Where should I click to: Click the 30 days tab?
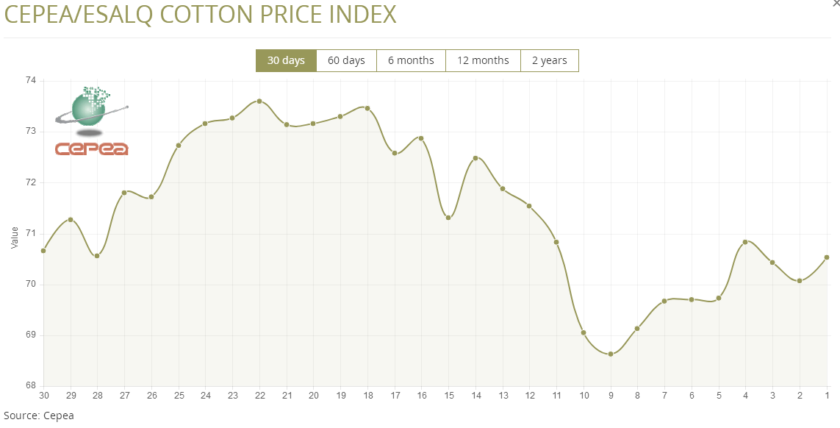coord(286,60)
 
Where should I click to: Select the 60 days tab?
coord(346,60)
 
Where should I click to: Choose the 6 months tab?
coord(411,60)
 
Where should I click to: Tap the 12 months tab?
coord(483,60)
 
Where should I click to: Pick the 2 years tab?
coord(549,60)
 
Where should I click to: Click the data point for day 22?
coord(259,101)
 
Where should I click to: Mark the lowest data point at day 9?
coord(611,354)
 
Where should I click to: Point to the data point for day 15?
coord(448,217)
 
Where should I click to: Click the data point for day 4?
coord(745,242)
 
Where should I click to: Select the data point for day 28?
coord(97,255)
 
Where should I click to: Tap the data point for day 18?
coord(367,108)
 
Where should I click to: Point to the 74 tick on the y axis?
coord(32,81)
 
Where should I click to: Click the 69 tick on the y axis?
coord(32,335)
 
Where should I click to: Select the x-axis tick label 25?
coord(179,396)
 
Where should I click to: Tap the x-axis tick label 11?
coord(556,396)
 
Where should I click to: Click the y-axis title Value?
coord(15,238)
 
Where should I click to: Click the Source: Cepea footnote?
coord(38,415)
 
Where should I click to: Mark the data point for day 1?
coord(827,257)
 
